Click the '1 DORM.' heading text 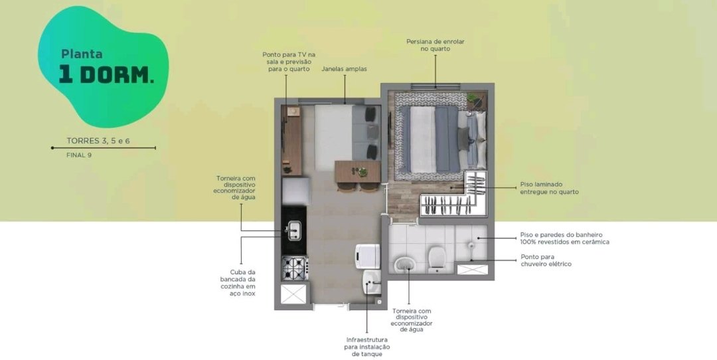tap(106, 75)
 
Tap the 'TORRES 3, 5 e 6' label tap(98, 141)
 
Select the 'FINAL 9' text tap(79, 155)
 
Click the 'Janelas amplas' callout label tap(344, 69)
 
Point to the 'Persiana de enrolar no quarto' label tap(436, 45)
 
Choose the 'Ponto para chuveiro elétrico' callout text tap(546, 260)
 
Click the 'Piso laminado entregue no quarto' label tap(549, 188)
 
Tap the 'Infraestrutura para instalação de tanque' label tap(366, 347)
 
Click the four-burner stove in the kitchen tap(295, 268)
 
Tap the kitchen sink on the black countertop tap(293, 230)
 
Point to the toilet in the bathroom tap(437, 259)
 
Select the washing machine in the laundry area tap(368, 256)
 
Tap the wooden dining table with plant tap(358, 172)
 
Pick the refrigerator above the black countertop tap(296, 191)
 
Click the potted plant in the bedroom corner tap(473, 98)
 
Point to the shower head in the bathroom tap(471, 246)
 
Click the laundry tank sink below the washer tap(371, 282)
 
